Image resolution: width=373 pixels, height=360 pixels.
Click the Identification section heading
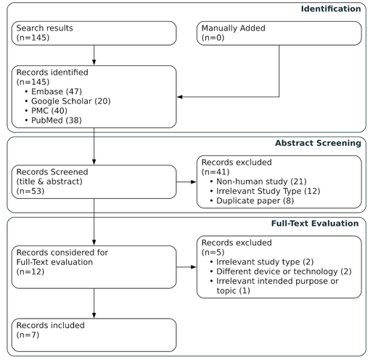[331, 9]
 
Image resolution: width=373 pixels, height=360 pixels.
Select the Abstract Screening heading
[318, 143]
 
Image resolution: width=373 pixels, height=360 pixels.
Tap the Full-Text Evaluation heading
[315, 224]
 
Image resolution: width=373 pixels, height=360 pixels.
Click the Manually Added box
[279, 33]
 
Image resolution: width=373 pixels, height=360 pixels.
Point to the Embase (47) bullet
[54, 91]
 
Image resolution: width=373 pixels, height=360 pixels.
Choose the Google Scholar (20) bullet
[67, 101]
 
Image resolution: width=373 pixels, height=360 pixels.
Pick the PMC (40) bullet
[46, 111]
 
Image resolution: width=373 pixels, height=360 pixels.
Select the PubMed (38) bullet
[54, 120]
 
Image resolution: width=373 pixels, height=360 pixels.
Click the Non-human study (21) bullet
[258, 181]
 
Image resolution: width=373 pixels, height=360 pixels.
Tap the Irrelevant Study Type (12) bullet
[265, 191]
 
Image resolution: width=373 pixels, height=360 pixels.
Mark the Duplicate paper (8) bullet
[252, 201]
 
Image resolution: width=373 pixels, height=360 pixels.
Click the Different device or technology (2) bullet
[281, 271]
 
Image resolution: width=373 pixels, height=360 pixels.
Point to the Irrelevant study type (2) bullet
[262, 262]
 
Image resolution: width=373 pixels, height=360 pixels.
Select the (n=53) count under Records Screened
[30, 191]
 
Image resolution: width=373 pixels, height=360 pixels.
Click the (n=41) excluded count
[216, 172]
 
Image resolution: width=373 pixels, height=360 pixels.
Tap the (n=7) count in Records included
[28, 335]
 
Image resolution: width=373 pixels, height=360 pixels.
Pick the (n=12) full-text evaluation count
[30, 271]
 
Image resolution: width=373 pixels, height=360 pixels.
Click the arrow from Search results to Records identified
[94, 55]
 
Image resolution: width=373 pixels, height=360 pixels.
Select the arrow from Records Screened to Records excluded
[186, 182]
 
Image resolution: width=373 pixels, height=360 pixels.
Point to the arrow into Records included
[94, 303]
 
